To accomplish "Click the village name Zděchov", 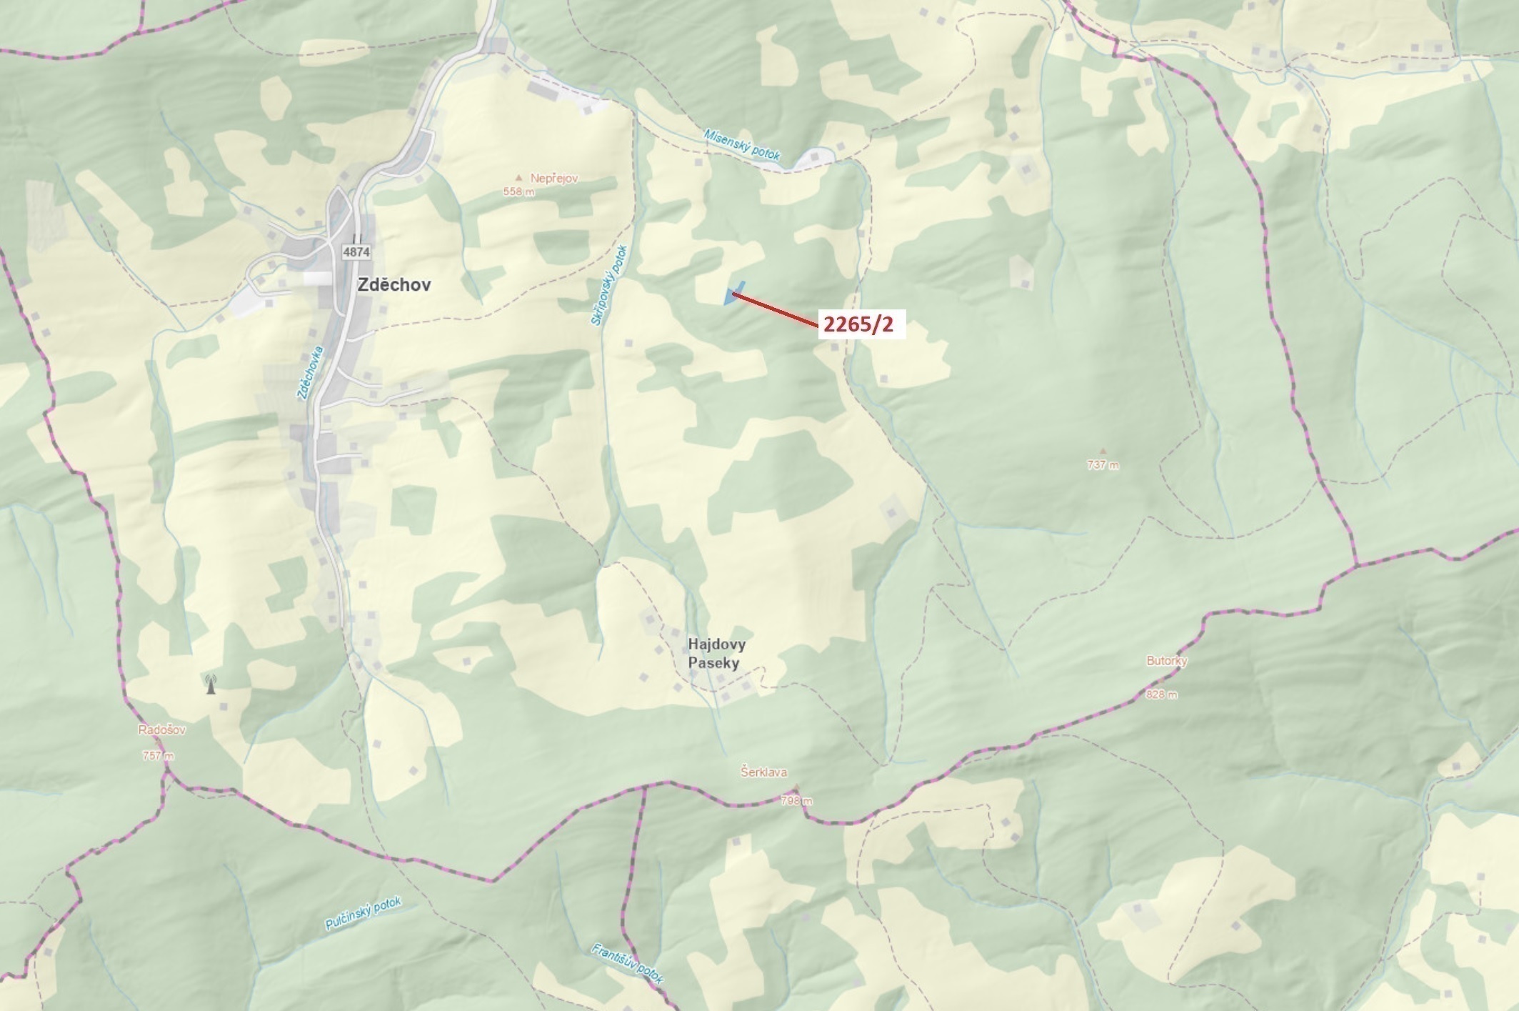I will tap(393, 284).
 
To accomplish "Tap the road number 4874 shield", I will tap(356, 251).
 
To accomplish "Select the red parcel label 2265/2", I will tap(858, 324).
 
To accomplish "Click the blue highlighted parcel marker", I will tap(733, 294).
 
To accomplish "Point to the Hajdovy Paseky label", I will tap(716, 653).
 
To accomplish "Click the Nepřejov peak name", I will tap(553, 178).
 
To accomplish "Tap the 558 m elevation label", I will tap(518, 191).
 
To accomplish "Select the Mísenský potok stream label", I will tap(742, 144).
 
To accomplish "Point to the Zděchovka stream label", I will tap(311, 372).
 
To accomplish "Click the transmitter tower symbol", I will tap(210, 684).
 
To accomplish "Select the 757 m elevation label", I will tap(158, 755).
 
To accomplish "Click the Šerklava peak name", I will tap(763, 772).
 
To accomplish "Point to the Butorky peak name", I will tap(1166, 661).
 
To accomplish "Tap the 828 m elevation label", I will tap(1161, 694).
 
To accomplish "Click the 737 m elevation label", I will tap(1103, 464).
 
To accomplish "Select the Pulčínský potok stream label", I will tap(364, 914).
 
